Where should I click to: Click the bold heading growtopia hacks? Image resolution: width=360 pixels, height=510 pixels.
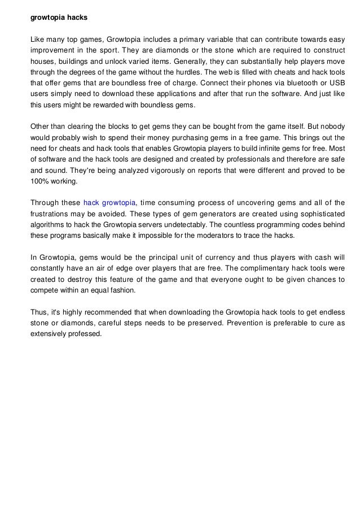point(59,18)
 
